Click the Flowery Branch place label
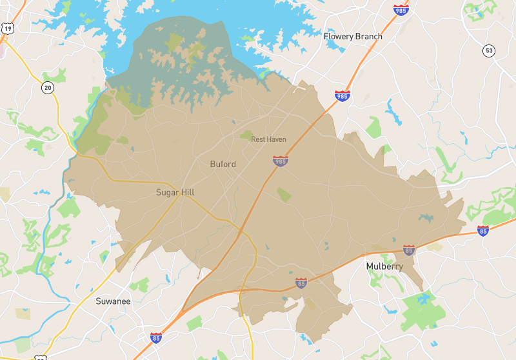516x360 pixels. (x=353, y=37)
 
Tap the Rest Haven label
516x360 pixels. (x=268, y=139)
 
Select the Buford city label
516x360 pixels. (x=223, y=164)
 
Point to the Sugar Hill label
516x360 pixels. (x=175, y=192)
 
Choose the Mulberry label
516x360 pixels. (x=384, y=266)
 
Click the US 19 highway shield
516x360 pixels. (x=7, y=28)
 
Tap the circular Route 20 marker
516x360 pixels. (x=47, y=87)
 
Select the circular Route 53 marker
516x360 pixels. (x=490, y=51)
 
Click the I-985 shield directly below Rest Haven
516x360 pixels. (x=280, y=161)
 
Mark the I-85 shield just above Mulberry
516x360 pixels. (x=408, y=249)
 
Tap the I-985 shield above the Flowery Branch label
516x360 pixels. (x=401, y=10)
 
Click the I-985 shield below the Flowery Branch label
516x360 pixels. (x=343, y=96)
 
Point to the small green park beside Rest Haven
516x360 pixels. (x=246, y=135)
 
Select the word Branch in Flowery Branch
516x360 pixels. (x=368, y=37)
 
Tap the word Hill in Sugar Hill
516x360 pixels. (x=188, y=192)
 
